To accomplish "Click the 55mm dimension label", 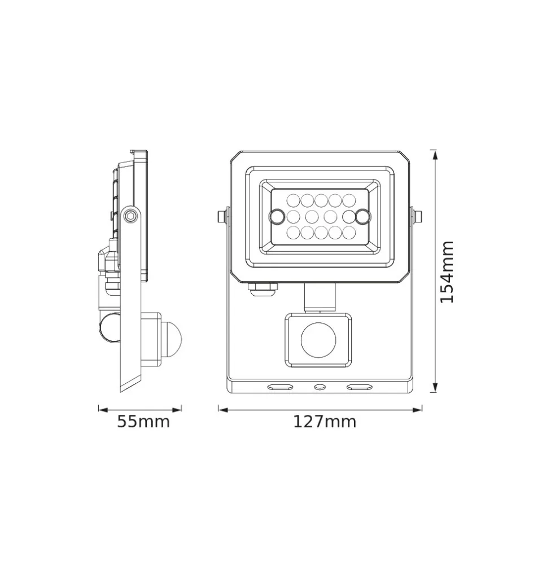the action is pos(143,422).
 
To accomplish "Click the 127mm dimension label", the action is pos(325,422).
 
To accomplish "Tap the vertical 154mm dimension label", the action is pos(447,272).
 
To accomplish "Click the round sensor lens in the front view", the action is pos(318,340).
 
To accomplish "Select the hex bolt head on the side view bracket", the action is pos(130,216).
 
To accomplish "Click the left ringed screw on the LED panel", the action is pos(276,216).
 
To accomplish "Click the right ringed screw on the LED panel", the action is pos(363,216).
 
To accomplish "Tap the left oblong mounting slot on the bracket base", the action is pos(280,387).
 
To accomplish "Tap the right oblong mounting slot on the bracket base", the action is pos(359,387).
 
